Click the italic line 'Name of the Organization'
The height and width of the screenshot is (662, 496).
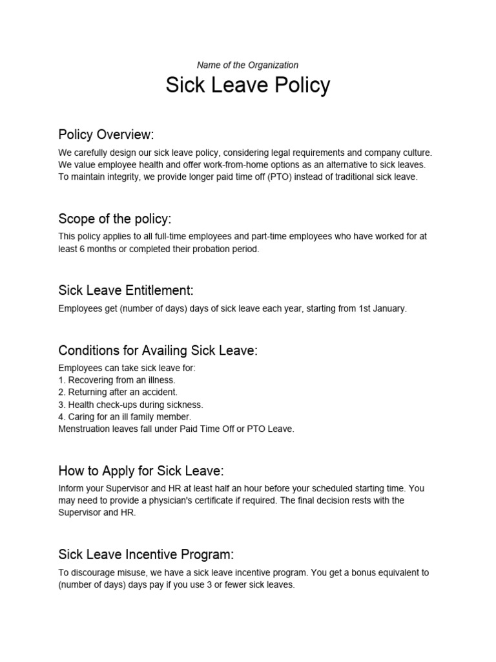click(247, 65)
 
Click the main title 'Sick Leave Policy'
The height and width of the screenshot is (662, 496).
click(247, 85)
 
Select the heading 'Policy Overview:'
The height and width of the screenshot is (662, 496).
click(106, 134)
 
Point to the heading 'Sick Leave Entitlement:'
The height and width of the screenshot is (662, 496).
click(126, 290)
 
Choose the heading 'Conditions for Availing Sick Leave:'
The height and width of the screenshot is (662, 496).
click(158, 350)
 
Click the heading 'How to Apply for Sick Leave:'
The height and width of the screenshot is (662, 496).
click(141, 470)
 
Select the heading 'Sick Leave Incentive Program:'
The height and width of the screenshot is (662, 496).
click(146, 554)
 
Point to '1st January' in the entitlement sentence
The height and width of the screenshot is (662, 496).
click(381, 308)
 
